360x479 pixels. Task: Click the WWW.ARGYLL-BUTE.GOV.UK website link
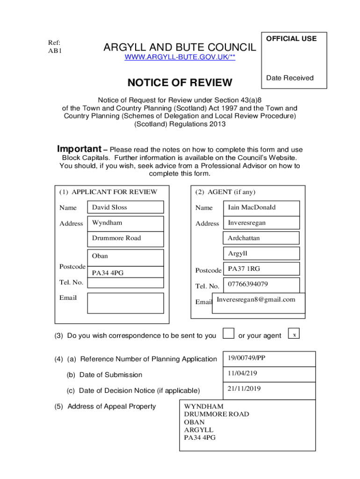point(180,58)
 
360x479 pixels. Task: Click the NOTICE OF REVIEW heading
point(180,83)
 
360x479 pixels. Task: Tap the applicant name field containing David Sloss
point(126,207)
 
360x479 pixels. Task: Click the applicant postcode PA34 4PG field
point(126,273)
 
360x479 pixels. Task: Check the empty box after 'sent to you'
point(228,333)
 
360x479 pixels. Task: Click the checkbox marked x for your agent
point(294,334)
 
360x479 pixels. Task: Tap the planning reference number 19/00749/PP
point(269,359)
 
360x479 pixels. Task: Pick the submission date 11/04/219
point(269,374)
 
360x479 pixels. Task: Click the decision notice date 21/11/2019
point(269,389)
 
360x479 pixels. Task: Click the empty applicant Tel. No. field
point(126,283)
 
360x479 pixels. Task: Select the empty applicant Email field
point(126,303)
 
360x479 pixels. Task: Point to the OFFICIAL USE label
point(291,39)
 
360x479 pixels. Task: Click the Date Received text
point(290,78)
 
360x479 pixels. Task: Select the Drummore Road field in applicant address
point(126,238)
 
